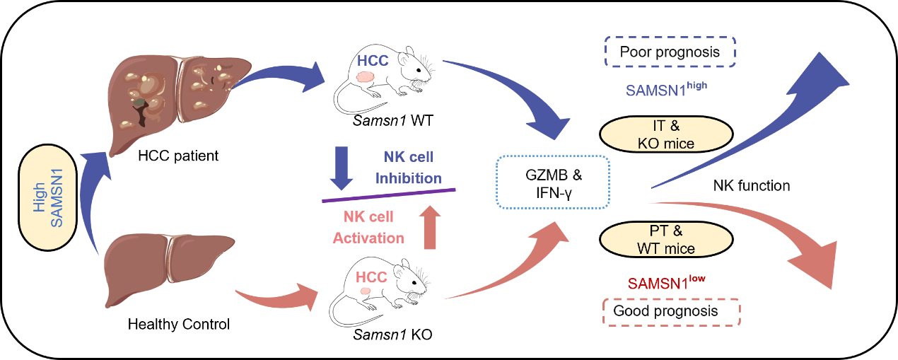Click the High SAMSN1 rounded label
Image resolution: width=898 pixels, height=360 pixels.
point(47,197)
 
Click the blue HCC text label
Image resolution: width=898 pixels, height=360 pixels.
point(373,60)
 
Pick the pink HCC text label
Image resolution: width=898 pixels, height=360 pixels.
point(372,277)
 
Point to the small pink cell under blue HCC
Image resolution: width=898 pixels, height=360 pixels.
point(365,76)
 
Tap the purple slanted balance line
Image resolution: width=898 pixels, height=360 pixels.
point(389,194)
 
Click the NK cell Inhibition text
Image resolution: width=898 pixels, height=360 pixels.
point(409,168)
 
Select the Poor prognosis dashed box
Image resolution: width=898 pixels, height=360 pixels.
point(670,52)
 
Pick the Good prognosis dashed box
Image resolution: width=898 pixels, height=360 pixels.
point(671,311)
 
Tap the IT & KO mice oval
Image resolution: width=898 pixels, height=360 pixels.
point(665,134)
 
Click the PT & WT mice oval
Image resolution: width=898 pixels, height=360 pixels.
point(665,240)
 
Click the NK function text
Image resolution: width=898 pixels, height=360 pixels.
point(752,186)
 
